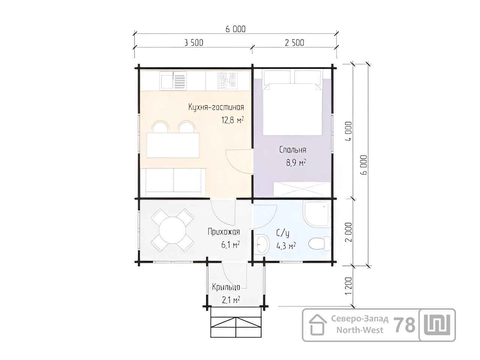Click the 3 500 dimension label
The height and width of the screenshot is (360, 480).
194,43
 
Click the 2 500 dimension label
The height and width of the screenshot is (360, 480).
294,43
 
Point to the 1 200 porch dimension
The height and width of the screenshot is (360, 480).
349,286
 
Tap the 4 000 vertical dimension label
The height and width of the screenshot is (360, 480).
349,131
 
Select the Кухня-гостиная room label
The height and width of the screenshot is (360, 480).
216,107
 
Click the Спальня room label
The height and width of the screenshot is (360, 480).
292,150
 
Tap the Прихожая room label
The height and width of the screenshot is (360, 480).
224,232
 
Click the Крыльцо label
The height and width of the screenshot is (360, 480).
226,287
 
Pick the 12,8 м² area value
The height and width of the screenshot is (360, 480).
232,120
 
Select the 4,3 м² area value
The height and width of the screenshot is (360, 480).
286,246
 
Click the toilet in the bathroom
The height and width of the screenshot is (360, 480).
319,243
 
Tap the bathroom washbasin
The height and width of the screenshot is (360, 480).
261,244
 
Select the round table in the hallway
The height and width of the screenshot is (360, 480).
172,230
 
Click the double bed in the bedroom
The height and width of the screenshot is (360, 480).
292,102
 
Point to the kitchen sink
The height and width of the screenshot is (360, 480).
173,81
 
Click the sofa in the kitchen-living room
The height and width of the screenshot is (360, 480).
173,183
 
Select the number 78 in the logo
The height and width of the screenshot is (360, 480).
404,325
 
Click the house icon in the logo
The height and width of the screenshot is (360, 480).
318,325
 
